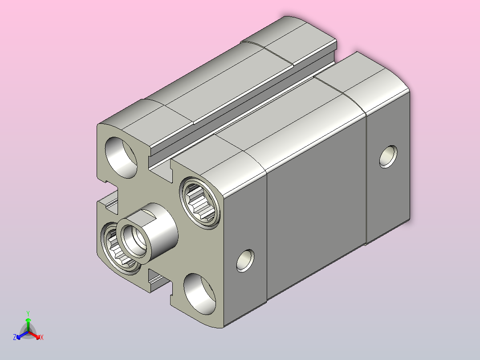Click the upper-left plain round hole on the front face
[x=121, y=157]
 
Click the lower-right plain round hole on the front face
[x=199, y=294]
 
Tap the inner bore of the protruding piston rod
[x=134, y=241]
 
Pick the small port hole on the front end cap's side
[x=245, y=261]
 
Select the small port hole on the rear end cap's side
[x=388, y=156]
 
